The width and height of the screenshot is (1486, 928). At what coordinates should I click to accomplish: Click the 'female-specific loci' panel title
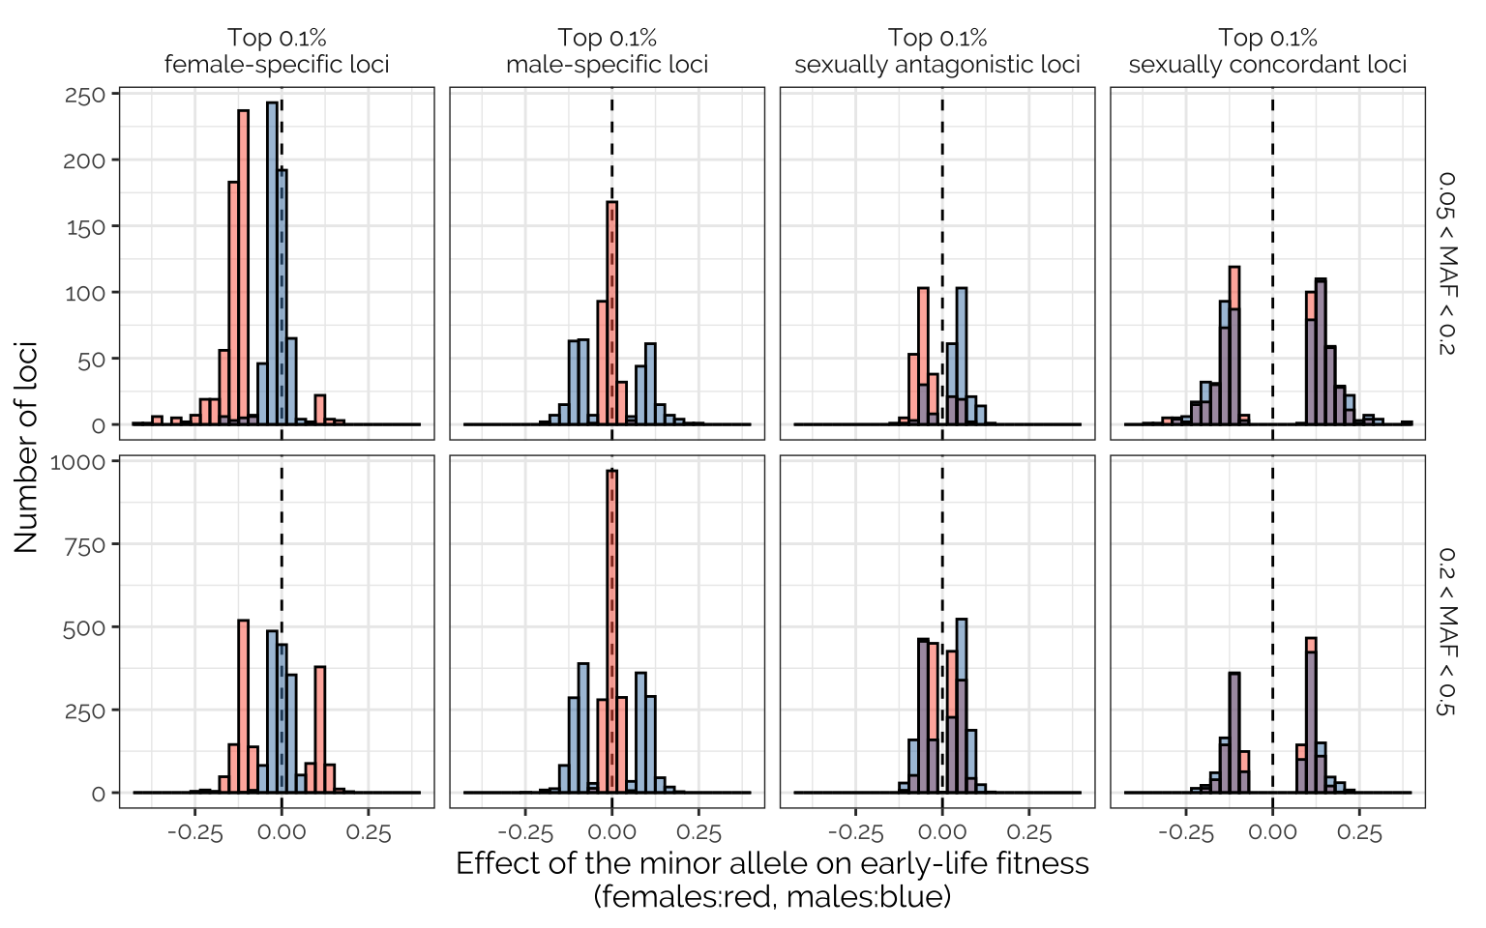point(277,65)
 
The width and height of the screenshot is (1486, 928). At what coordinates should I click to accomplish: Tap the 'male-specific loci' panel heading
point(607,65)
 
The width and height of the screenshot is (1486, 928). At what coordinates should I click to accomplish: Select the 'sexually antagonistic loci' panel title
point(936,65)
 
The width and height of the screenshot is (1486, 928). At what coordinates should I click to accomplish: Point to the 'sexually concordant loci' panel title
point(1267,65)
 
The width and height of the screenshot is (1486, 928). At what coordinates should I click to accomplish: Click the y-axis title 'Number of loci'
point(26,447)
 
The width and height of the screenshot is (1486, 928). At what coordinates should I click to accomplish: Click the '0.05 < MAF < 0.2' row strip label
point(1446,263)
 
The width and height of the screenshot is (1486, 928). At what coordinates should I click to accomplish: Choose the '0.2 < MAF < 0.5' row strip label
point(1446,631)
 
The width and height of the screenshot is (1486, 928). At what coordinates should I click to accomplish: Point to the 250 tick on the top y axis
point(85,96)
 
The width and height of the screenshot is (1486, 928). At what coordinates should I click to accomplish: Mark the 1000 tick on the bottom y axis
point(77,462)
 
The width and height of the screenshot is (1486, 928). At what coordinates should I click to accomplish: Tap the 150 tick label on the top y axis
point(85,227)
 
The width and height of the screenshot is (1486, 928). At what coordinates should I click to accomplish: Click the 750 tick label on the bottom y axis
point(85,545)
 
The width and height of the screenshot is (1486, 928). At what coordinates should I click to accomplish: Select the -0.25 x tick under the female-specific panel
point(194,833)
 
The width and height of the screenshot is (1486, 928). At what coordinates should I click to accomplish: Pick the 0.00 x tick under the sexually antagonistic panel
point(942,833)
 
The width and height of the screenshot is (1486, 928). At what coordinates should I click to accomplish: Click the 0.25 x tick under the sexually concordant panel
point(1359,833)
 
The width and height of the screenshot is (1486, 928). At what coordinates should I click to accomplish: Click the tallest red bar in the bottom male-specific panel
point(611,628)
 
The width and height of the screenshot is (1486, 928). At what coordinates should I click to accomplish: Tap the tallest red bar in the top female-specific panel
point(243,266)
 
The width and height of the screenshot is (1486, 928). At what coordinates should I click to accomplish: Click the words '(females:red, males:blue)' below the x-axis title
point(772,897)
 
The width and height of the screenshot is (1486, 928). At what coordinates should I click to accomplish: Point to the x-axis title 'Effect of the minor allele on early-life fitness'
point(772,863)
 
